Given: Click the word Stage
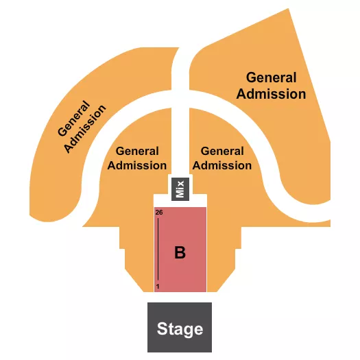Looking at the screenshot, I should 180,328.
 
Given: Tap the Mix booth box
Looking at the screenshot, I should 180,188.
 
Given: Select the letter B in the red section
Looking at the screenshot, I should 180,252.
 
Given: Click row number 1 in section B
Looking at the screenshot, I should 158,286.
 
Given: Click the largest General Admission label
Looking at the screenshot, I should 271,86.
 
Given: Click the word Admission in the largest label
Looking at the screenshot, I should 271,94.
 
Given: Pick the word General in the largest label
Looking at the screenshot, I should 271,77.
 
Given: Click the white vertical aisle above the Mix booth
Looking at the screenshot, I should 180,123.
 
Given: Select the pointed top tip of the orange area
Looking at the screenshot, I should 287,10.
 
